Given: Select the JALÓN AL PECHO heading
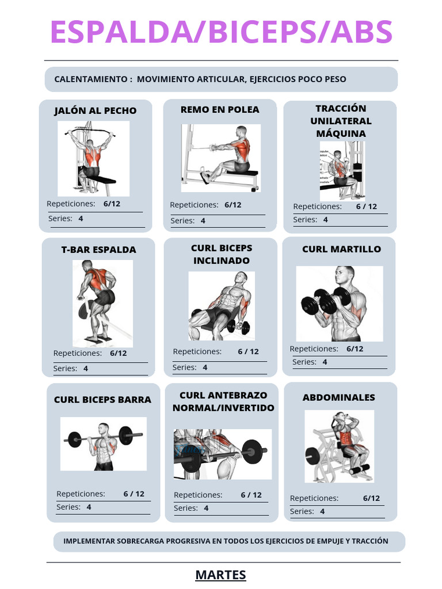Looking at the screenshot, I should click(96, 110).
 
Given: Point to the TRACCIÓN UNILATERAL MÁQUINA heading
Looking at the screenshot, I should click(341, 121).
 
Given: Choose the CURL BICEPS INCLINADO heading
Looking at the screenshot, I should click(222, 254).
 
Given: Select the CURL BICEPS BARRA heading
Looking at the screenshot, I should click(102, 400).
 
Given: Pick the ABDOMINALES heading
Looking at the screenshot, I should click(338, 397).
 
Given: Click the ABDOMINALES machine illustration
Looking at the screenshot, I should click(339, 446).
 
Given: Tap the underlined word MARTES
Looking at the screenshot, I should click(220, 575).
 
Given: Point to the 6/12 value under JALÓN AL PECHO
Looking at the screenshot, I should click(112, 204).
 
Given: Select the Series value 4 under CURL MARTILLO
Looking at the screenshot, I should click(325, 362).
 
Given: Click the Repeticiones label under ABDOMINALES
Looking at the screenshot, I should click(314, 498).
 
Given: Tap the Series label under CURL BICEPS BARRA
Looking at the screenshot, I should click(68, 507).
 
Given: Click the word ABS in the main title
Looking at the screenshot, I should click(361, 32).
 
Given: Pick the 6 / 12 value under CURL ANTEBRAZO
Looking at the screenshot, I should click(251, 495).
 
